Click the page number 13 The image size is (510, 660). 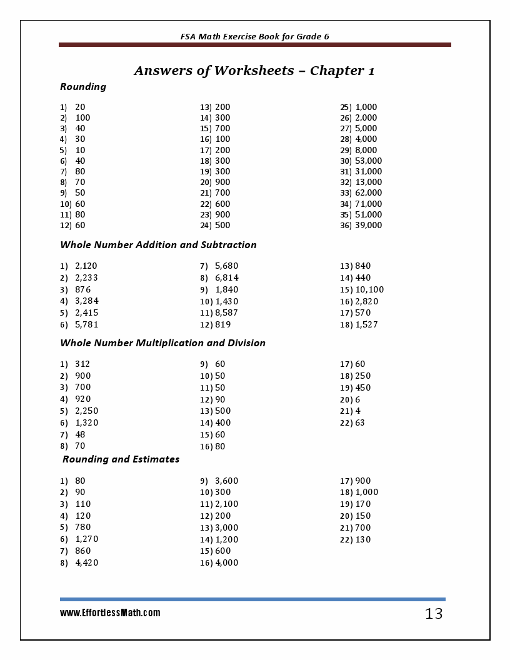[x=434, y=614]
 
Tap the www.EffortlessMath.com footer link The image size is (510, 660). [x=110, y=613]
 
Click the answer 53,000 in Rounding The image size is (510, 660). [x=368, y=161]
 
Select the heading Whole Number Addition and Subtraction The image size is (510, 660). [x=158, y=245]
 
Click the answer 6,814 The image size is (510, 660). [x=226, y=277]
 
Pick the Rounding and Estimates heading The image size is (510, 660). [x=121, y=459]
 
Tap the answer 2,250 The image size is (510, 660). [x=86, y=411]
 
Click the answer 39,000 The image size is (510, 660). [x=368, y=225]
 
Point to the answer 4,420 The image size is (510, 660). [x=86, y=562]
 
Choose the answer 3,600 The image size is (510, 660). [x=226, y=481]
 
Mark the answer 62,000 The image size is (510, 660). [x=368, y=192]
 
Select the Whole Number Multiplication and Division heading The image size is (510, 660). [x=162, y=343]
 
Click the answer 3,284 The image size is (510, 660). [x=86, y=301]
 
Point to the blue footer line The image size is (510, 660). [x=252, y=599]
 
